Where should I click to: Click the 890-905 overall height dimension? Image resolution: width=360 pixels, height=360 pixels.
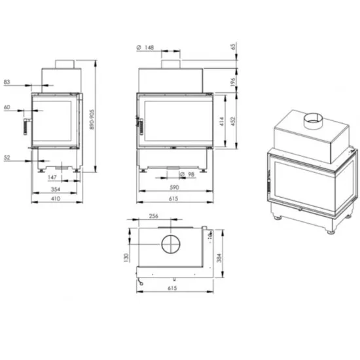(92, 120)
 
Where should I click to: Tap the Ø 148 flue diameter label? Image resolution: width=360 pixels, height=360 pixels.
(145, 48)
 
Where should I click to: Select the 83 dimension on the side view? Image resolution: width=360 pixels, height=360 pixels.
(7, 82)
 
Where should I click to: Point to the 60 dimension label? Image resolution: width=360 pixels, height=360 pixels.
(7, 107)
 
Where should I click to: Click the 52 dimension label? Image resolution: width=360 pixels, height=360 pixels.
(7, 158)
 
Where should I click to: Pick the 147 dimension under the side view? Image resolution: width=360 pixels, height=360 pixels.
(52, 177)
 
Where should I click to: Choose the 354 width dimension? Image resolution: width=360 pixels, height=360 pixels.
(56, 189)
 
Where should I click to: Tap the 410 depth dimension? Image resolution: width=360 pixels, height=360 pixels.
(56, 198)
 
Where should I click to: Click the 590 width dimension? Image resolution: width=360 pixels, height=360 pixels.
(174, 187)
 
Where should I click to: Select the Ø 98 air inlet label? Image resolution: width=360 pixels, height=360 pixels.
(187, 175)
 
